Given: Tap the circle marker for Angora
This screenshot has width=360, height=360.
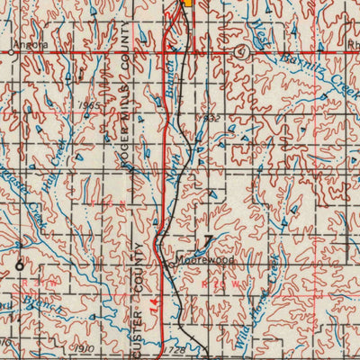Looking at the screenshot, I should click(11, 52).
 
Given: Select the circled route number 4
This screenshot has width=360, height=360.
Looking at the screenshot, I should click(240, 52).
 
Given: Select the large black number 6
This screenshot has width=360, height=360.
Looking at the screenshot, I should click(20, 265).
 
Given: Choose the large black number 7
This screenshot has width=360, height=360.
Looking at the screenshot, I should click(208, 239).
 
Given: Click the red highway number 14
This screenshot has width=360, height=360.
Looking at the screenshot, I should click(154, 305).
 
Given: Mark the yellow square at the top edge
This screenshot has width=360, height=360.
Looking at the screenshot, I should click(188, 3).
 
